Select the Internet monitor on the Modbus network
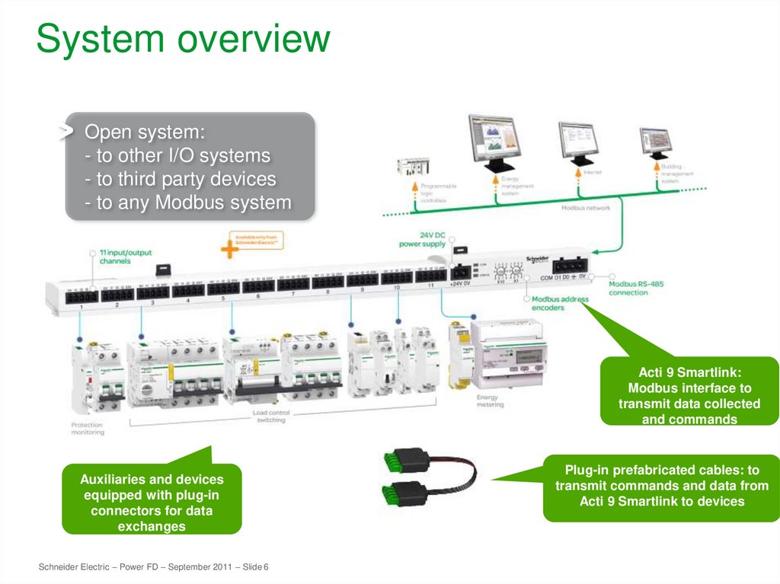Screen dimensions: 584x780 [580, 139]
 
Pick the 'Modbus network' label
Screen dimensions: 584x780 [585, 207]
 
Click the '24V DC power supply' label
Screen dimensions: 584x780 [422, 239]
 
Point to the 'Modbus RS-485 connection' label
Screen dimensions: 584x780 [636, 288]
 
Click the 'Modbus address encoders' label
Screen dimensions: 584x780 [559, 303]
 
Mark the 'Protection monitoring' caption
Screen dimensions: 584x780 [88, 429]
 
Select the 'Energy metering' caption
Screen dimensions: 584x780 [490, 401]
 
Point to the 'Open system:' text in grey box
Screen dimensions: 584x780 [145, 132]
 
